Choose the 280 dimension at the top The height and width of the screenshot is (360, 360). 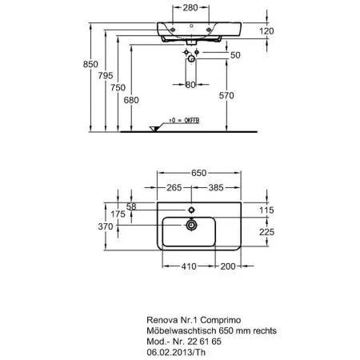[188, 8]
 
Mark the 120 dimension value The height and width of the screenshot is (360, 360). [267, 30]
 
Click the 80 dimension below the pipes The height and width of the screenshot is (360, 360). [190, 84]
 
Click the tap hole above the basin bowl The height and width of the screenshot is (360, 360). [192, 210]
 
